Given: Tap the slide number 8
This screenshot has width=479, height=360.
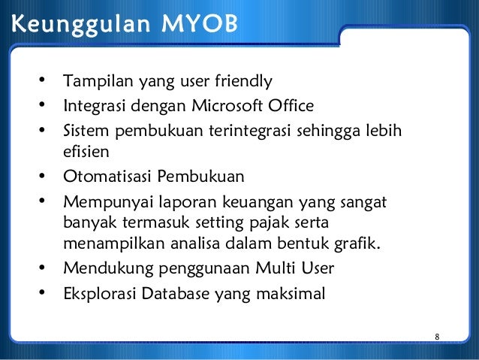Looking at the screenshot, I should click(436, 336).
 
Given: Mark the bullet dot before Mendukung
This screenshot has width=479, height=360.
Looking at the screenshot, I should click(43, 268).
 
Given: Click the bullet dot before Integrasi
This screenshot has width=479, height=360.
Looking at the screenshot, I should click(43, 103).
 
